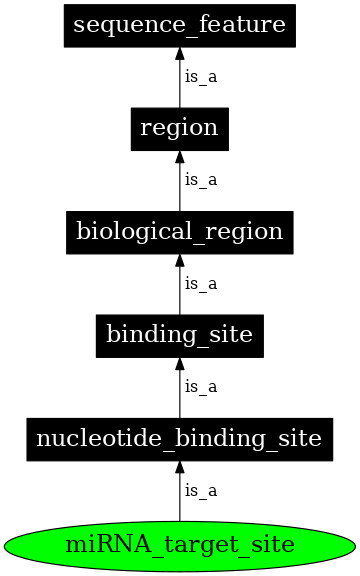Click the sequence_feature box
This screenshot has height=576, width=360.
click(x=180, y=25)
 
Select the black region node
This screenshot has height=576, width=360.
click(x=180, y=128)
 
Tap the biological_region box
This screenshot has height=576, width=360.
click(x=180, y=232)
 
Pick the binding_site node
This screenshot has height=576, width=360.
click(x=180, y=335)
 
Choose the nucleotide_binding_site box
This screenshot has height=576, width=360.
click(x=180, y=438)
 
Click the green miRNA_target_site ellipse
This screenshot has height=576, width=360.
click(x=180, y=545)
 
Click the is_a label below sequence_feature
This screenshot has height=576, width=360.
click(x=200, y=76)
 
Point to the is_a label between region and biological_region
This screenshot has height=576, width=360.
click(x=200, y=180)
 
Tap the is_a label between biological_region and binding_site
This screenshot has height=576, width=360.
click(x=200, y=283)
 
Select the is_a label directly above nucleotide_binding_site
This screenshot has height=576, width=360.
click(x=200, y=387)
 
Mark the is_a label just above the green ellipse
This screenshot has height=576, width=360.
click(x=200, y=491)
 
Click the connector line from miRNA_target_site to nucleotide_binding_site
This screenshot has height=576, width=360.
click(x=180, y=500)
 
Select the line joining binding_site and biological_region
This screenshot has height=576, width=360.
click(x=180, y=295)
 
